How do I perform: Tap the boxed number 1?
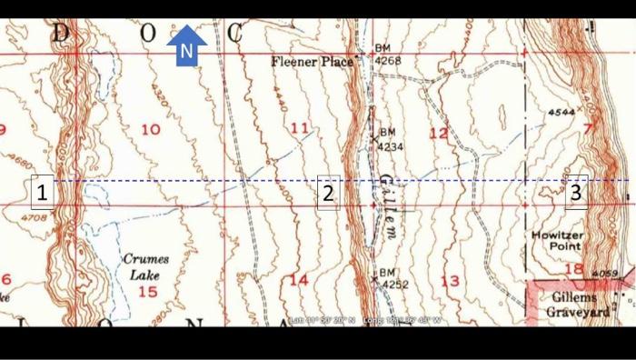point(42,193)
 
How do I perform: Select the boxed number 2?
point(328,193)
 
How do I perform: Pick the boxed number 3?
point(576,193)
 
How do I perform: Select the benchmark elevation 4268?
point(388,62)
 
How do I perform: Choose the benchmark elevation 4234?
point(389,145)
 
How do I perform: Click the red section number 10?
point(151,129)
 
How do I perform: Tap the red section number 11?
point(300,128)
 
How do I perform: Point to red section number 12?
point(439,134)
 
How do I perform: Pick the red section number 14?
point(299,280)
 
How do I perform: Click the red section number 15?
point(147,291)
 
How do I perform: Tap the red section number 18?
point(574,269)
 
